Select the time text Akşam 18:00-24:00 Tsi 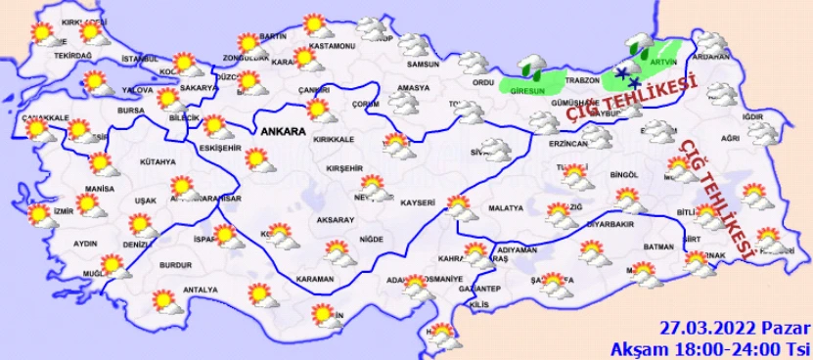711,347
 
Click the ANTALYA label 200,290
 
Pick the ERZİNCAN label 567,144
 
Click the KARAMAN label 315,280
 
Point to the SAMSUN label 423,65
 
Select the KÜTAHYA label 158,161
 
